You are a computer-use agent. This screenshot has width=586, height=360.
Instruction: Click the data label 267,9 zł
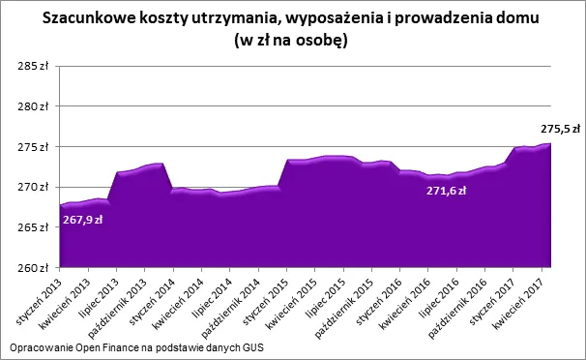83,220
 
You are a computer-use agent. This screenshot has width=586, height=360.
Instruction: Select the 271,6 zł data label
447,191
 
